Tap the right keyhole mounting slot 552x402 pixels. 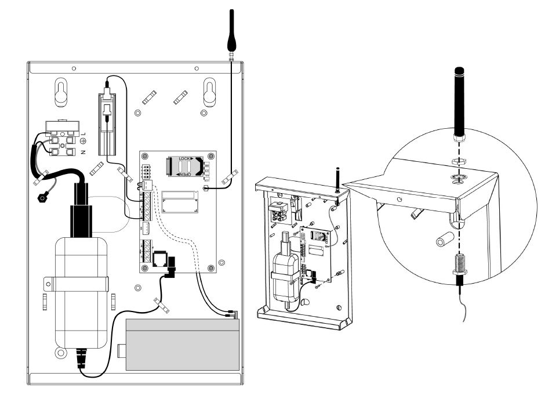(209, 92)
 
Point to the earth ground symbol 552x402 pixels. (83, 143)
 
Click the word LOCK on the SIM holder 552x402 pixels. (184, 158)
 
